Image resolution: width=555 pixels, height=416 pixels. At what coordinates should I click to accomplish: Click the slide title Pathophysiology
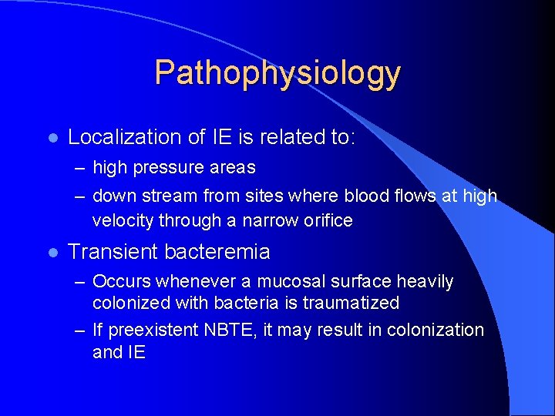[277, 73]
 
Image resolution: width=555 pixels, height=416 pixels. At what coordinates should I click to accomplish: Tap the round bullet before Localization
[50, 138]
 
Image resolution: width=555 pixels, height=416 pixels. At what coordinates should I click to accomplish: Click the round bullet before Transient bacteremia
[50, 252]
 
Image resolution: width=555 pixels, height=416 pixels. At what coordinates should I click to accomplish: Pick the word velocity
[123, 220]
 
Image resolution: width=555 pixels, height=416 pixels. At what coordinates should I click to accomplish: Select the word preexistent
[153, 330]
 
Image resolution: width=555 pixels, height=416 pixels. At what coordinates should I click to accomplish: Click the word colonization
[436, 330]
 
